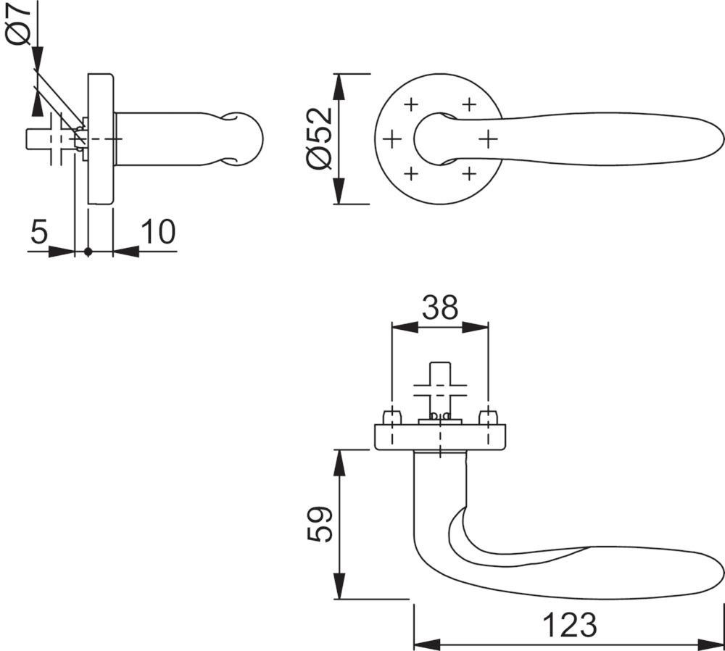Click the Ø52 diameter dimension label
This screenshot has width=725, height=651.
pyautogui.click(x=320, y=138)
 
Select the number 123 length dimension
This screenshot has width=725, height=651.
pyautogui.click(x=569, y=625)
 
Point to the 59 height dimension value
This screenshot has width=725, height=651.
pyautogui.click(x=320, y=524)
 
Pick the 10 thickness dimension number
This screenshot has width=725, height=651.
pyautogui.click(x=158, y=232)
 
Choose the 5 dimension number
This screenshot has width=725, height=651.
pyautogui.click(x=39, y=232)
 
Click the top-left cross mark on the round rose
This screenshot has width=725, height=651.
pyautogui.click(x=410, y=104)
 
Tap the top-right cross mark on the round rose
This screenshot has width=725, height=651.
pyautogui.click(x=469, y=104)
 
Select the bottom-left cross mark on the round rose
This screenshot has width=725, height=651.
pyautogui.click(x=410, y=174)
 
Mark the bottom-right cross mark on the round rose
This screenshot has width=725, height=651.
pyautogui.click(x=469, y=174)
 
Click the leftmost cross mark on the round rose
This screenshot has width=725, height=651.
pyautogui.click(x=392, y=138)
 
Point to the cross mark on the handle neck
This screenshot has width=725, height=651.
pyautogui.click(x=488, y=138)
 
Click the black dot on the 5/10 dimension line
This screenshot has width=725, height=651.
pyautogui.click(x=88, y=252)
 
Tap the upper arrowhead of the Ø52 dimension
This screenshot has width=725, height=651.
pyautogui.click(x=339, y=86)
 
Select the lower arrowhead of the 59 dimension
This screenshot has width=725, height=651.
pyautogui.click(x=339, y=586)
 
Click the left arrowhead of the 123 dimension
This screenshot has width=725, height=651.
pyautogui.click(x=427, y=644)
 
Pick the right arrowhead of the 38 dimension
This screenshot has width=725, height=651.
pyautogui.click(x=476, y=327)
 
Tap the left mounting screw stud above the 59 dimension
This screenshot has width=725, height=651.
pyautogui.click(x=391, y=417)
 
